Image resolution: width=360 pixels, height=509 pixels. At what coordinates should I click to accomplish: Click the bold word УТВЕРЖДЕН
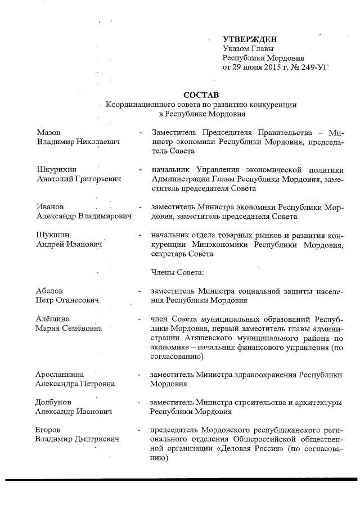250,39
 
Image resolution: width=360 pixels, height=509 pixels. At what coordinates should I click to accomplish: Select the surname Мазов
48,132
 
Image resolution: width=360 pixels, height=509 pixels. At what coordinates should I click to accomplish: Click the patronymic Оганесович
77,300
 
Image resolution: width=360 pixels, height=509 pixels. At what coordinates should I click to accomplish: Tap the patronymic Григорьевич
97,179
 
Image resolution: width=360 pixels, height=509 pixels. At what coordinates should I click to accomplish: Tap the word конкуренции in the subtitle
269,104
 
